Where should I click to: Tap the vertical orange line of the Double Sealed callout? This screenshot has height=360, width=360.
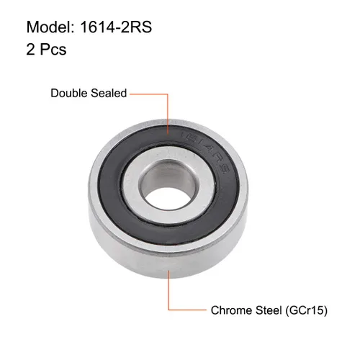168,115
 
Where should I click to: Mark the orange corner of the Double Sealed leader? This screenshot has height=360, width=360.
168,93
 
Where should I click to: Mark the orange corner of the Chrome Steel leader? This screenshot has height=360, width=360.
170,311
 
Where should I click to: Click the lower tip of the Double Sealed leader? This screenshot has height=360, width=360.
168,138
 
